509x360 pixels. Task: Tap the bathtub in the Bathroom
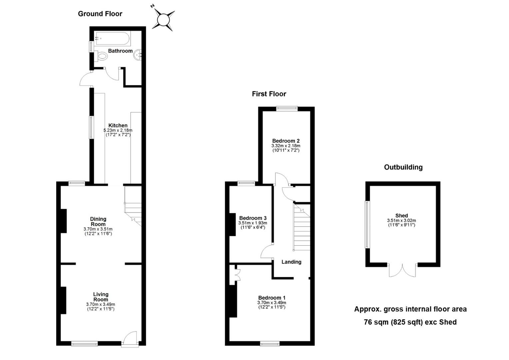point(113,39)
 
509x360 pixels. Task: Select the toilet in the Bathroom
point(101,56)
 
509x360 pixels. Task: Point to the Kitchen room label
point(118,125)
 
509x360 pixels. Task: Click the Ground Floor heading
point(100,14)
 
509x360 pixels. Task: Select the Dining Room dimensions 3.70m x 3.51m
point(98,229)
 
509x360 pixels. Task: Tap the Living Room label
point(101,297)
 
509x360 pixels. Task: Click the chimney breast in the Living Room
point(63,300)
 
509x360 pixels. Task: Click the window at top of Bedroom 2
point(287,108)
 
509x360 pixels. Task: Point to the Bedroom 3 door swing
point(267,251)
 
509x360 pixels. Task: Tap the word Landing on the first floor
point(291,262)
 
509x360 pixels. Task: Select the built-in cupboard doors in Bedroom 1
point(237,275)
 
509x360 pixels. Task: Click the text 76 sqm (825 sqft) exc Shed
point(410,322)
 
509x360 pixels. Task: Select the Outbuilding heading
point(403,167)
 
